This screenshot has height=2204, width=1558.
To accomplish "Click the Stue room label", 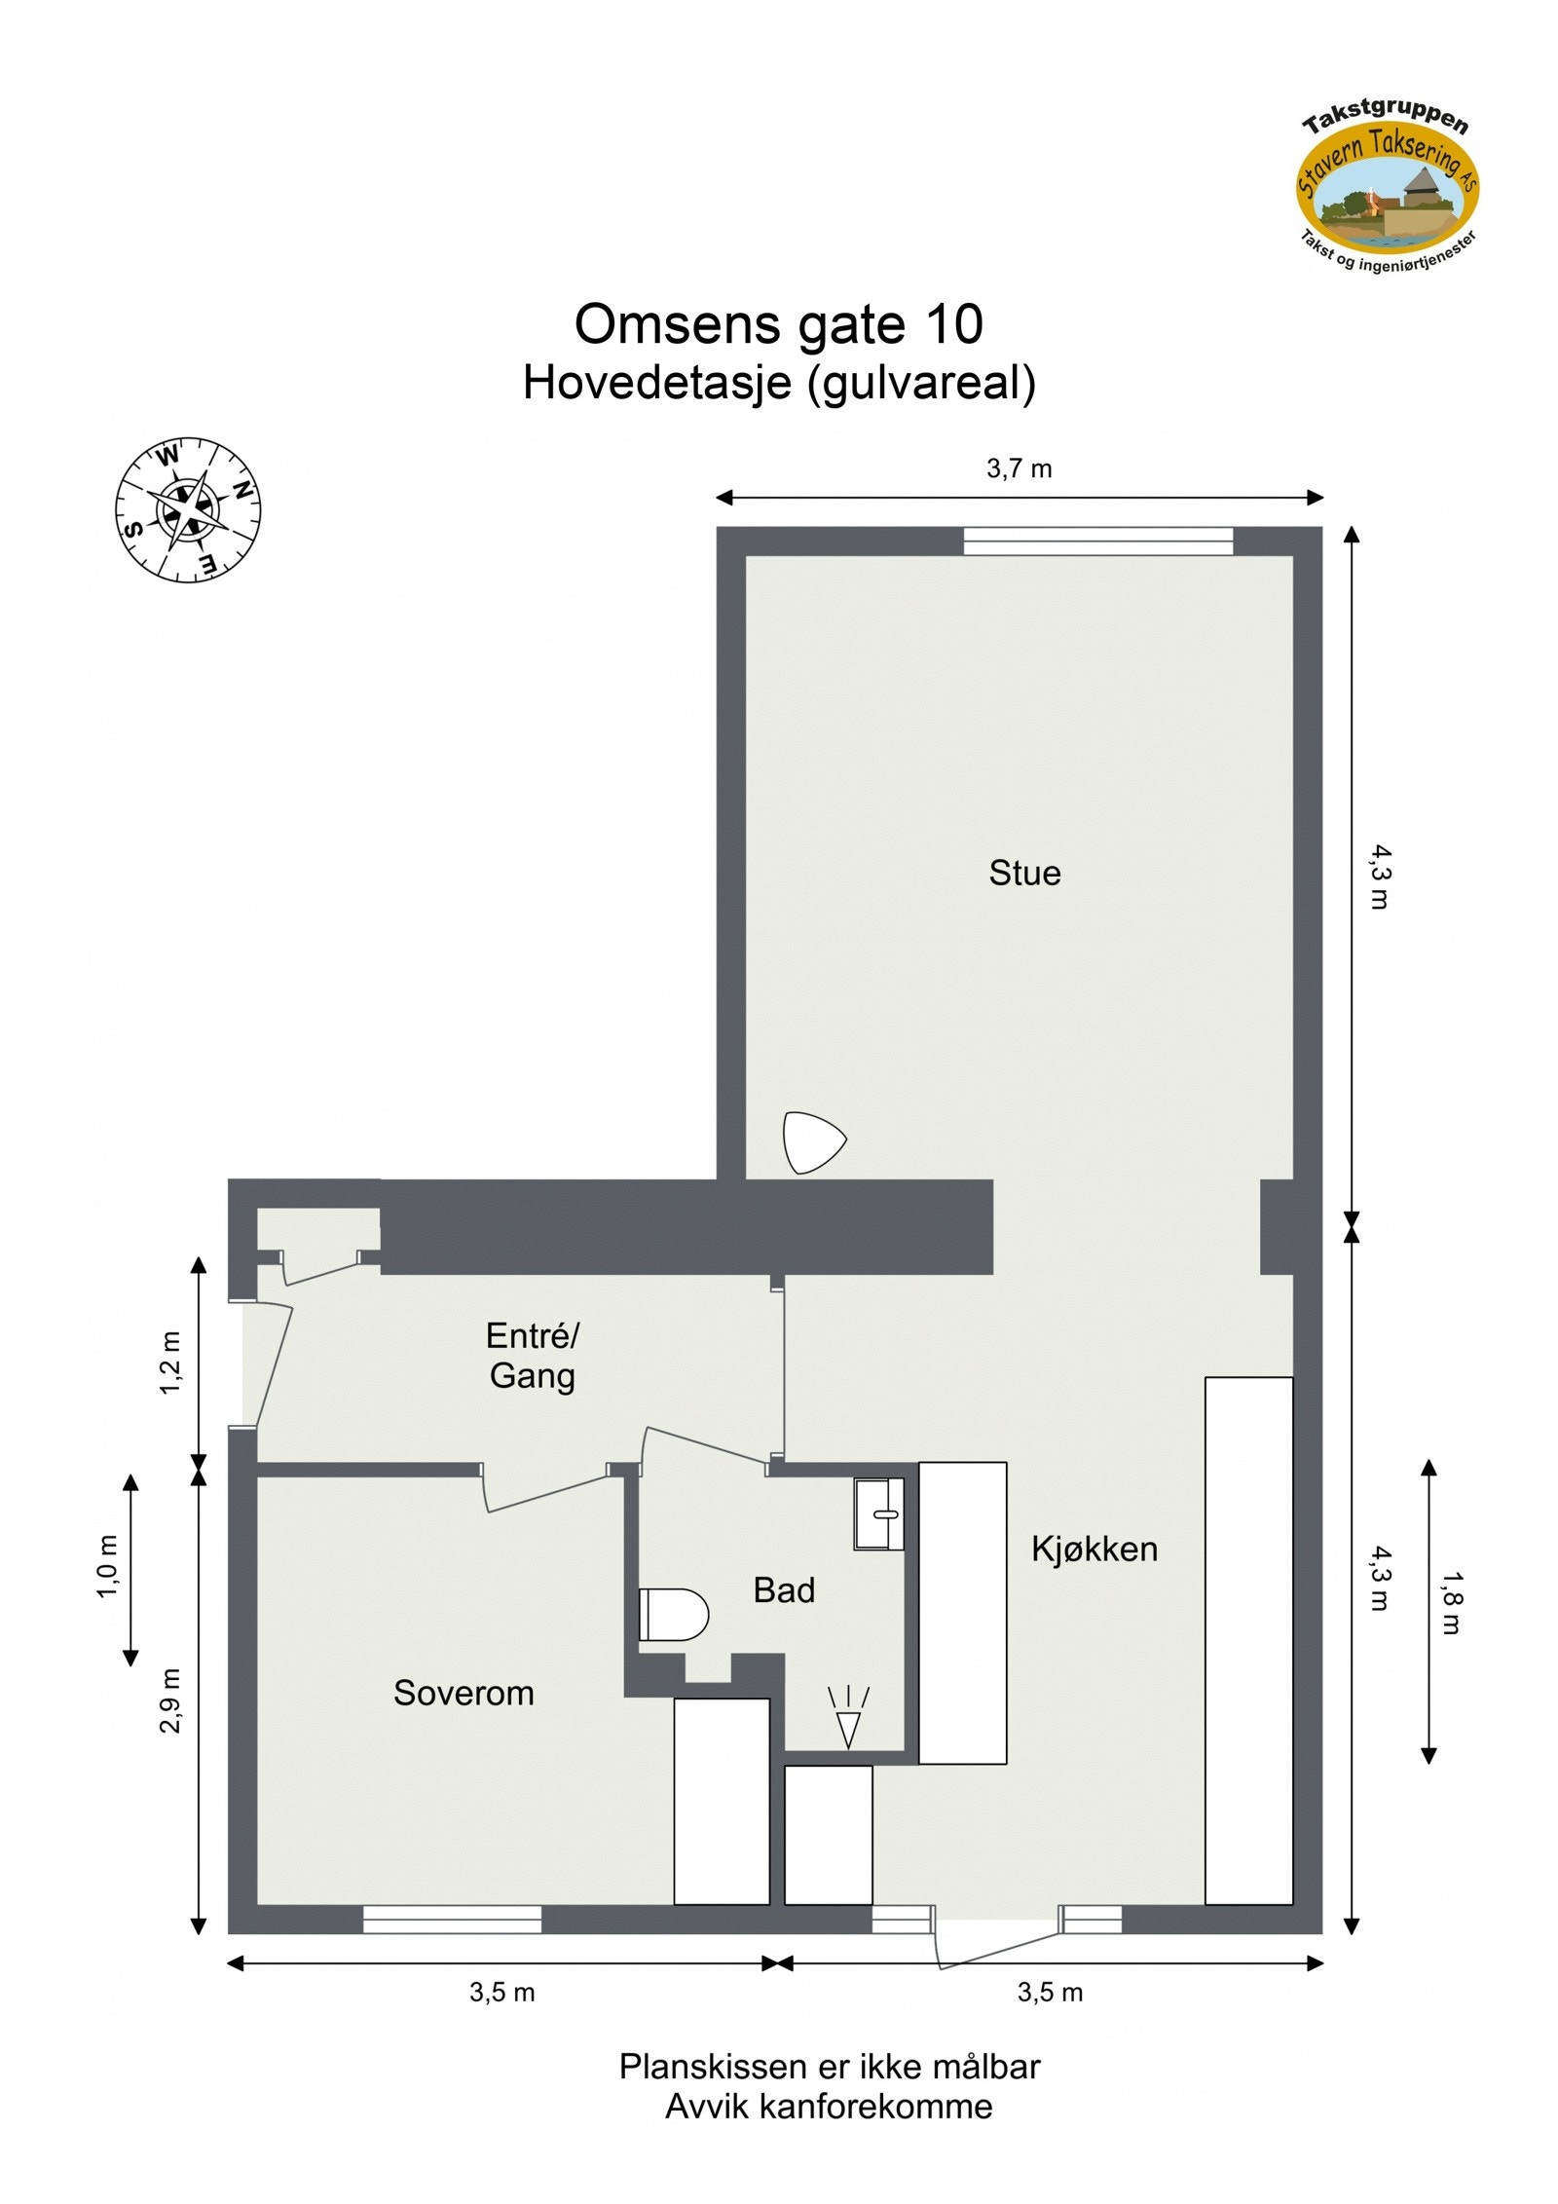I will pyautogui.click(x=1024, y=873).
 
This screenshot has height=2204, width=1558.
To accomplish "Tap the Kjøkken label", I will pyautogui.click(x=1094, y=1550).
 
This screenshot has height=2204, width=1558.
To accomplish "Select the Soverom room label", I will pyautogui.click(x=464, y=1694).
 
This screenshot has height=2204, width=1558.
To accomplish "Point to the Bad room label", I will pyautogui.click(x=784, y=1590).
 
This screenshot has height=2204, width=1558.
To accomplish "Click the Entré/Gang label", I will pyautogui.click(x=532, y=1356).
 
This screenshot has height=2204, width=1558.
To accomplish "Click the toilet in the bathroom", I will pyautogui.click(x=673, y=1615).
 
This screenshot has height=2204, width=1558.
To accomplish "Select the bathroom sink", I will pyautogui.click(x=879, y=1513).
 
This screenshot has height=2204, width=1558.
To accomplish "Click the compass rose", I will pyautogui.click(x=189, y=509).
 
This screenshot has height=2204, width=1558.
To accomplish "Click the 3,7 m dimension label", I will pyautogui.click(x=1019, y=469).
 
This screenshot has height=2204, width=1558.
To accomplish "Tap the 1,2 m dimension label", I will pyautogui.click(x=170, y=1363).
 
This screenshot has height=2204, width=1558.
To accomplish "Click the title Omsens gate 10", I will pyautogui.click(x=778, y=324).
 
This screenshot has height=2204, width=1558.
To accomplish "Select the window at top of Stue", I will pyautogui.click(x=1097, y=541).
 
